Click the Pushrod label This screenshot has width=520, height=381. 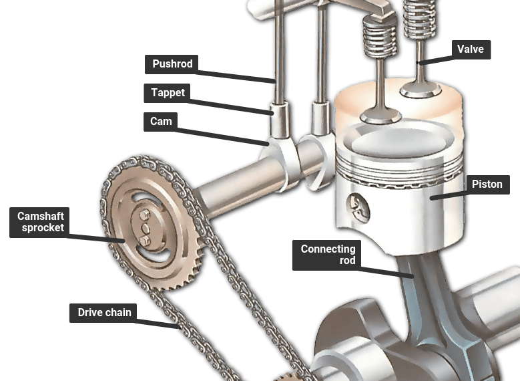(x=172, y=64)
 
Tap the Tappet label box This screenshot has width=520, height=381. (x=167, y=93)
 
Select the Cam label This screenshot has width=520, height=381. (x=160, y=122)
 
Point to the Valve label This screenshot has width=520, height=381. (x=471, y=49)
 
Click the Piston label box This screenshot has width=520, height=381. (x=487, y=184)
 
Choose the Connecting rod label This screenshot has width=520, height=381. (x=326, y=255)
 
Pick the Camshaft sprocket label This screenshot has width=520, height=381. (x=39, y=222)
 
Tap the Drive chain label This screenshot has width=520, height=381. (x=103, y=313)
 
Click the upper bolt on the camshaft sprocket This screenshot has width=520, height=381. (x=145, y=215)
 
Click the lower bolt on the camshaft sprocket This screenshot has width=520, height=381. (x=145, y=241)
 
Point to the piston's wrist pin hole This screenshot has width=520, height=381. (x=358, y=209)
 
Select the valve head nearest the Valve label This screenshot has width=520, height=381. (x=421, y=90)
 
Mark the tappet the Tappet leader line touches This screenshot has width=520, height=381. (x=279, y=120)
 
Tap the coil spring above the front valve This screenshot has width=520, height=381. (x=380, y=37)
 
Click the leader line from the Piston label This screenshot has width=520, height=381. (x=448, y=195)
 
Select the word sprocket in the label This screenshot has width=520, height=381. (x=43, y=228)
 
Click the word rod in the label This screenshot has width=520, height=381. (x=348, y=261)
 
